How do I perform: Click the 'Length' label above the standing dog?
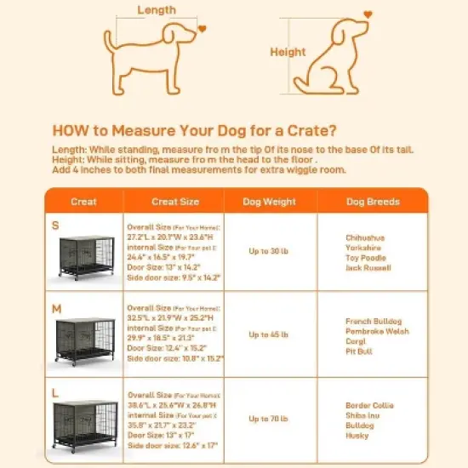pos(156,10)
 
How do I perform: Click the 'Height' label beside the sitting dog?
pos(288,52)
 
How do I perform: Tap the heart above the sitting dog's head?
pos(368,14)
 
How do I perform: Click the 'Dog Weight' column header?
pos(271,202)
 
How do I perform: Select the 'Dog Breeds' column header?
pos(373,202)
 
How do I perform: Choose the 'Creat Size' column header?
pos(175,202)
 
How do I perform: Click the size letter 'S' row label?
pos(56,226)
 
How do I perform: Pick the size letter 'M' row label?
pos(56,306)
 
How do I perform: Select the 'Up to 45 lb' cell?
pos(271,334)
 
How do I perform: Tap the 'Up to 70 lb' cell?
pos(271,419)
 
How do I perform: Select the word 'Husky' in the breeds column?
pos(358,436)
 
